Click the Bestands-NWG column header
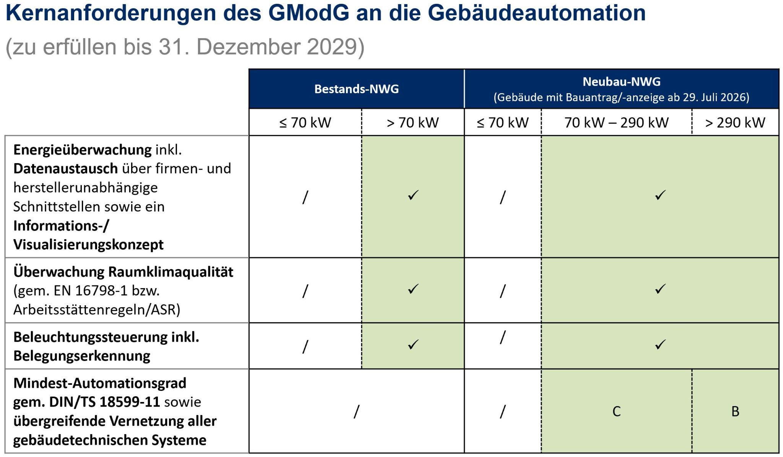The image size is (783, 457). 356,89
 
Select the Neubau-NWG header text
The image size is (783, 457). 621,81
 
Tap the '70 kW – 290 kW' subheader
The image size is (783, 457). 616,123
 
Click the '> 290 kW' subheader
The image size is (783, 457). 735,123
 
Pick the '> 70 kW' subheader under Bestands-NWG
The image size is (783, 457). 413,123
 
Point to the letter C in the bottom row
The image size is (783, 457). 616,412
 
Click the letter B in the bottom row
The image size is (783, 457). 735,412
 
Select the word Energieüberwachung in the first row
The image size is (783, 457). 83,150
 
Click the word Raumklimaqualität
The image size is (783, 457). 171,272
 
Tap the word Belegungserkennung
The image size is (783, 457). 82,356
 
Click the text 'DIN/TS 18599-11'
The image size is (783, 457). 104,402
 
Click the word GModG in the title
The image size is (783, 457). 309,13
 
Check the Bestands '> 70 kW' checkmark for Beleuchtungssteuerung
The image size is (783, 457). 413,345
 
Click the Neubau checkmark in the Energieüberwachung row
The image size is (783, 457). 660,195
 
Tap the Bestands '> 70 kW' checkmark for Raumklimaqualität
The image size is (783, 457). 413,289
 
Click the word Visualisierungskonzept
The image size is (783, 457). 88,245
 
